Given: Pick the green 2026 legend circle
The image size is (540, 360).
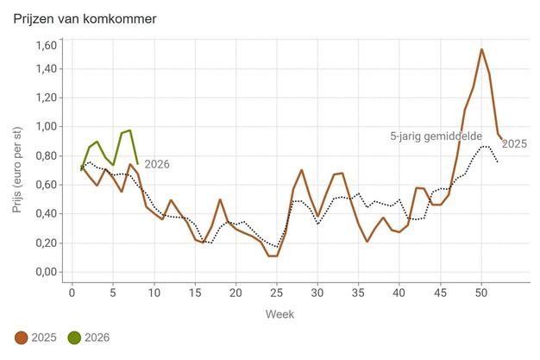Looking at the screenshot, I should coord(74,337).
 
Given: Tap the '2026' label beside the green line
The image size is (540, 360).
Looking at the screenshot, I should coord(156,164).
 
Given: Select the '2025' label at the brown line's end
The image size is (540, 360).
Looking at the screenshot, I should coord(514,144).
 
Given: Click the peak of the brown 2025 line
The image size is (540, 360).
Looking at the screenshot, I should coord(481,49).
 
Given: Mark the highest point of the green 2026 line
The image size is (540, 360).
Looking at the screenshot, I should coord(129,130).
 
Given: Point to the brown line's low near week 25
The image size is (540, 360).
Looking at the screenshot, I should coord(273,256).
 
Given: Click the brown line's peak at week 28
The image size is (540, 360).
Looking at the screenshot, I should coord(301,170).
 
